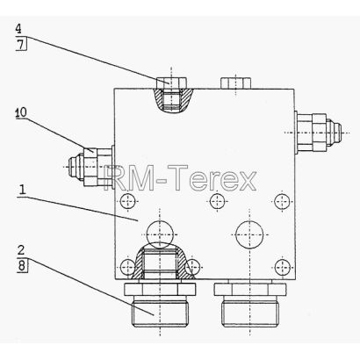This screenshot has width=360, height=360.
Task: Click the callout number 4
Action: [18, 29]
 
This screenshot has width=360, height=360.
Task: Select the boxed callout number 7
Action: [21, 45]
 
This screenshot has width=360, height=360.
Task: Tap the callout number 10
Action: [21, 112]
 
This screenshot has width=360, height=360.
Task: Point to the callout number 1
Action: [22, 190]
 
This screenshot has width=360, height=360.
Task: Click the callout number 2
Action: [21, 250]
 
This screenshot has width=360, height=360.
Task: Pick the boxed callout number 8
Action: [22, 266]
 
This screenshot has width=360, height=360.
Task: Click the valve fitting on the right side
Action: [318, 133]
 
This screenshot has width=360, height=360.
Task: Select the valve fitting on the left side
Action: [90, 166]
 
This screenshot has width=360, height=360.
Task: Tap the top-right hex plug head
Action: [236, 83]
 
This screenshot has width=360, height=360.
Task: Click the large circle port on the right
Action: [249, 234]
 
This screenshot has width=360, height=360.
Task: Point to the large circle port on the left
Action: [160, 234]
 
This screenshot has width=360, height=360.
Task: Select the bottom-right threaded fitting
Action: [250, 304]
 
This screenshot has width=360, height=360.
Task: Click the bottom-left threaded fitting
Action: [160, 304]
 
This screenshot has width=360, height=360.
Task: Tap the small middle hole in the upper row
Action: [218, 201]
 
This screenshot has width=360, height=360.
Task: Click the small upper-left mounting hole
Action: [128, 201]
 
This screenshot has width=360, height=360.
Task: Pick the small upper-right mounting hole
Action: [283, 201]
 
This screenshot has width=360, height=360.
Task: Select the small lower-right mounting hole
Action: [283, 267]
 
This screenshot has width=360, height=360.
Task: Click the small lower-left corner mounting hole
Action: [128, 267]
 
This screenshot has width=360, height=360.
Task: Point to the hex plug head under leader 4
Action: [171, 83]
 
